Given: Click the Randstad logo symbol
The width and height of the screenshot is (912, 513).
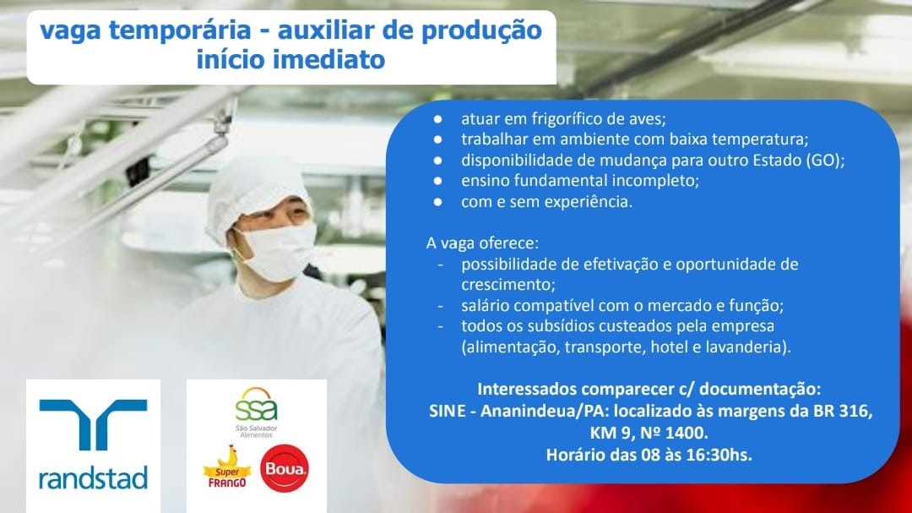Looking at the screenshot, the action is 93,423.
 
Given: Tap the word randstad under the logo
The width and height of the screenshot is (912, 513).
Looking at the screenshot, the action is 93,478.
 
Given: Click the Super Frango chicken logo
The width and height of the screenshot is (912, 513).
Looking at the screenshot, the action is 227,467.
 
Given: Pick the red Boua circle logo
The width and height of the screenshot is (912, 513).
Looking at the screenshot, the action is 285,469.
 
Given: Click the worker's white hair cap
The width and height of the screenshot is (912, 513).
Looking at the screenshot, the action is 256,189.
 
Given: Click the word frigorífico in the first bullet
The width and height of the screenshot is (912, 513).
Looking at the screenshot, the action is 566,119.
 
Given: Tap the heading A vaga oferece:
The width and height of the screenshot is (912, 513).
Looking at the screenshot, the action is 483,243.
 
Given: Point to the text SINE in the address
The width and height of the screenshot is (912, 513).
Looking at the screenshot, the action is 448,411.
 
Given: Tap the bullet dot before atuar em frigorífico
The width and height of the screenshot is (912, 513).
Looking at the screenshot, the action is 437,119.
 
